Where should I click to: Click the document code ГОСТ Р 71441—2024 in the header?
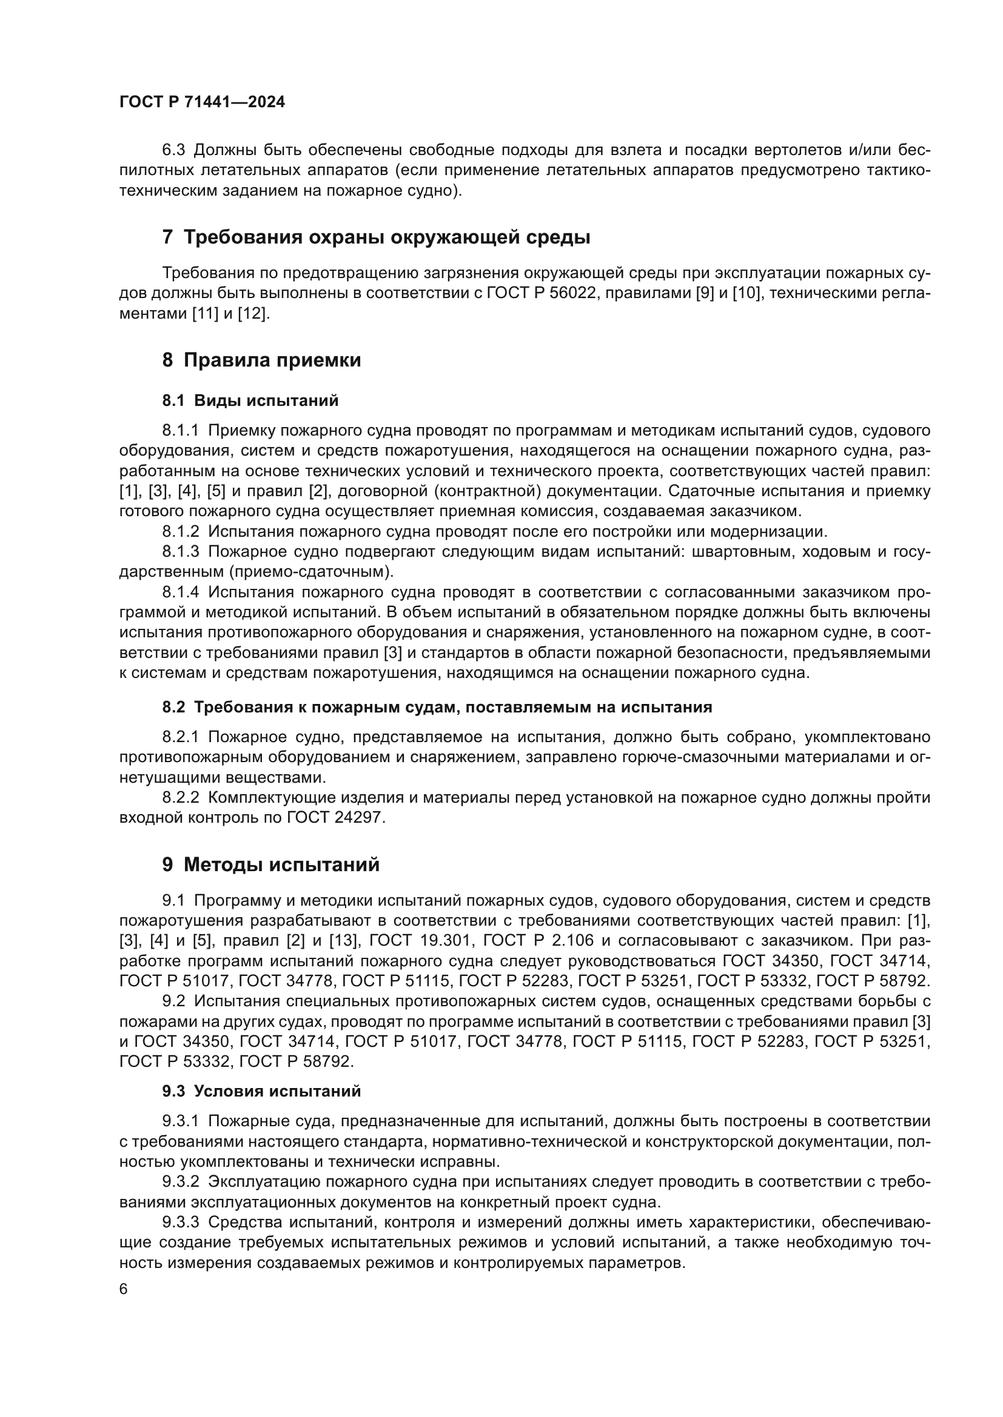click(x=202, y=102)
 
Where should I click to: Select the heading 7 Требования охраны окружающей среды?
click(x=375, y=237)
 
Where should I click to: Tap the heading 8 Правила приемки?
click(x=261, y=360)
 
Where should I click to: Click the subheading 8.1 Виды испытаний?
click(x=250, y=400)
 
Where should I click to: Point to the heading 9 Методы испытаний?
click(x=270, y=864)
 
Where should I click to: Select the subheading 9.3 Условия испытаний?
click(x=261, y=1091)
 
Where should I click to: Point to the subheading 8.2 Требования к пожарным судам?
click(x=437, y=707)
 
